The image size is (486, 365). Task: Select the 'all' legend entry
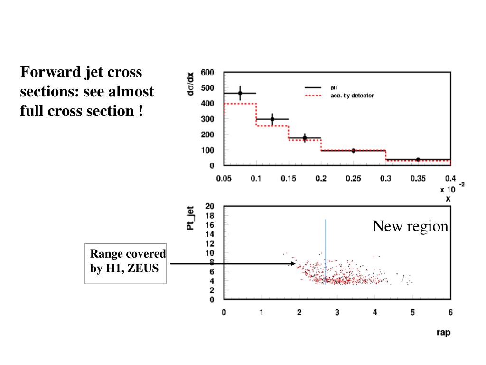[x=334, y=88]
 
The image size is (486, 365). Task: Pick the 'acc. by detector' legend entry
[x=352, y=96]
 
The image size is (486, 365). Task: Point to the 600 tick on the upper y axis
[x=207, y=73]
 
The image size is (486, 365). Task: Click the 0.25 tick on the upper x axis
[x=353, y=179]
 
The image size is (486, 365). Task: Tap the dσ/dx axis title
[x=190, y=84]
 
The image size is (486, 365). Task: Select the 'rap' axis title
[x=443, y=332]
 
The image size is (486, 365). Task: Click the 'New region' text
[x=410, y=226]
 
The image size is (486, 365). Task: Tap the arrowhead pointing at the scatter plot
[x=293, y=263]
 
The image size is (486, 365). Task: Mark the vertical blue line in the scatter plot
[x=326, y=247]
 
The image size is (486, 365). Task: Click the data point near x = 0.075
[x=240, y=93]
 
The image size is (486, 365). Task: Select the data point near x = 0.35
[x=418, y=160]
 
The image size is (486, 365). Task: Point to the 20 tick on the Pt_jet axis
[x=209, y=206]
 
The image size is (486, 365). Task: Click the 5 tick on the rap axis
[x=412, y=312]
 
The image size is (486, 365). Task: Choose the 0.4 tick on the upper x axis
[x=450, y=179]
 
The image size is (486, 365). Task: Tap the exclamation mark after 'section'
[x=141, y=111]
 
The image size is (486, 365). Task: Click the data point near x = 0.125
[x=272, y=119]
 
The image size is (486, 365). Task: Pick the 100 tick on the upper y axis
[x=207, y=150]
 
